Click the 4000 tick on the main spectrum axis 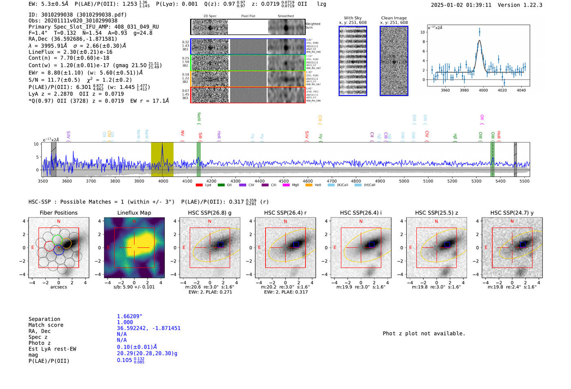tap(163, 181)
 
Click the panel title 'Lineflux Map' tap(134, 213)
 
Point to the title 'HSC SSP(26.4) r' tap(285, 213)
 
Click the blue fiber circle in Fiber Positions tap(59, 250)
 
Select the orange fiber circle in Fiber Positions tap(66, 243)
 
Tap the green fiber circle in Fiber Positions tap(58, 240)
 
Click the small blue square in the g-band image tap(221, 244)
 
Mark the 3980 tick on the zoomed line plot tap(464, 90)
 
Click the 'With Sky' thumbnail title tap(352, 18)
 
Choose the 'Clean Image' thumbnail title tap(394, 18)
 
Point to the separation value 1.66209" tap(129, 316)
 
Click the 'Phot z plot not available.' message tap(424, 333)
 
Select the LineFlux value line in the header tap(70, 52)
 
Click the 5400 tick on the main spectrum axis tap(500, 181)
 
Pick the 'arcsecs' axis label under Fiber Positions tap(58, 287)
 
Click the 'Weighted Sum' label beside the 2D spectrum tap(313, 25)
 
